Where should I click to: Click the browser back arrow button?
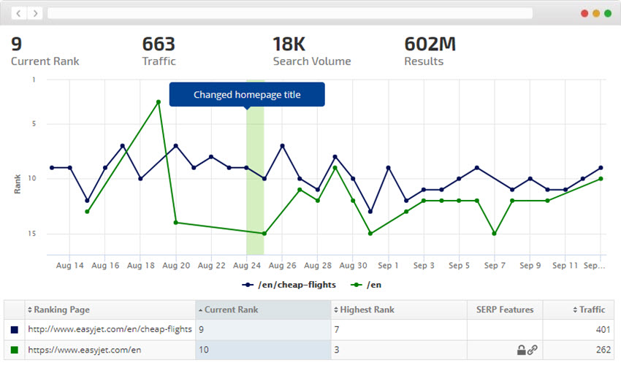[x=19, y=13]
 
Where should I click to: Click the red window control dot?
[x=584, y=13]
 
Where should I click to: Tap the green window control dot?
[x=608, y=13]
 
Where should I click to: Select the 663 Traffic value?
[x=159, y=44]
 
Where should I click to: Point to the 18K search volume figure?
[x=291, y=44]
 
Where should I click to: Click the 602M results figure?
[x=430, y=44]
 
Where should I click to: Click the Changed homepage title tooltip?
[x=247, y=94]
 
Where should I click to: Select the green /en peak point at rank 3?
[x=159, y=101]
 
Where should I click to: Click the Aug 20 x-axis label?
[x=176, y=266]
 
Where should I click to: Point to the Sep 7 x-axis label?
[x=495, y=266]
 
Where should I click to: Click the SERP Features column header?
[x=504, y=310]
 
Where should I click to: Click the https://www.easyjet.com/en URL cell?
[x=84, y=350]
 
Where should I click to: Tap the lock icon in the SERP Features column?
[x=521, y=350]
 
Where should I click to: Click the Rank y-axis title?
[x=17, y=183]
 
